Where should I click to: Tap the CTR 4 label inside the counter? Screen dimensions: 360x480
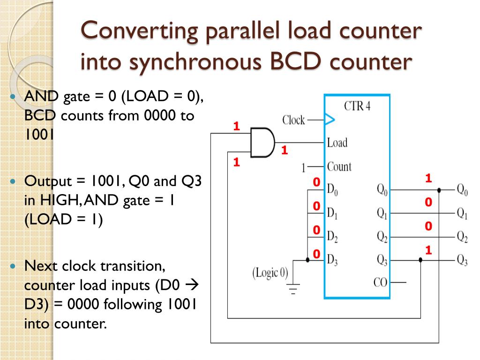click(357, 105)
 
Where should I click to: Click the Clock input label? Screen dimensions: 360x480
click(294, 120)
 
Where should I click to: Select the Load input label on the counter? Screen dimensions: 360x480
click(337, 142)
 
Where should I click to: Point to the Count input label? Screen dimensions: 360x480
click(339, 166)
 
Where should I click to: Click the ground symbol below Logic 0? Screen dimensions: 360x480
click(293, 290)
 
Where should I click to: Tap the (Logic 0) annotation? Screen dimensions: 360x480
click(271, 272)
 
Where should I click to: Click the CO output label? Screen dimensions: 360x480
click(381, 282)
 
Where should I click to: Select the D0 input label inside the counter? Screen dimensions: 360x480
click(332, 190)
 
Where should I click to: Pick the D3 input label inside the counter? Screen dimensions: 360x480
click(332, 259)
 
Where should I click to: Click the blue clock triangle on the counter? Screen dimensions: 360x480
click(330, 120)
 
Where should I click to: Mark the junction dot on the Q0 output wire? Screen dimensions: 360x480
click(439, 190)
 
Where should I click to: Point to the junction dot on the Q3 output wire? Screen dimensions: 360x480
click(420, 260)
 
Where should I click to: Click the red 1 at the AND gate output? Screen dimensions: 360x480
click(284, 150)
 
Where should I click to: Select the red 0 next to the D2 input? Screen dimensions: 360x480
click(316, 230)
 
